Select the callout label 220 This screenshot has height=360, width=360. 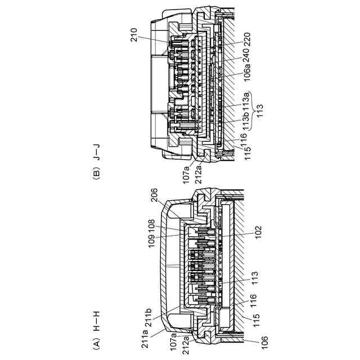click(x=247, y=39)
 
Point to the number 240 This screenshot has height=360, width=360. click(x=247, y=55)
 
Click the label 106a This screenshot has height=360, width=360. click(x=247, y=74)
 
